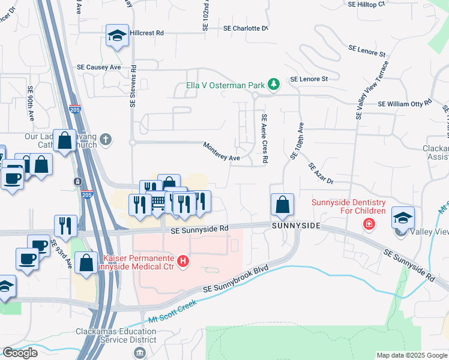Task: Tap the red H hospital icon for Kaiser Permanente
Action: coord(184,262)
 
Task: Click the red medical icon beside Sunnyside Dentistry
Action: coord(368,224)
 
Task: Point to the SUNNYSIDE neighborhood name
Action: coord(295,227)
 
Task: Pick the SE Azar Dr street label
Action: coord(321,173)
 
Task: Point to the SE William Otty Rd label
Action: coord(405,103)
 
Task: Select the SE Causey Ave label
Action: coord(98,68)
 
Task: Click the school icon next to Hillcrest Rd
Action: coord(117,35)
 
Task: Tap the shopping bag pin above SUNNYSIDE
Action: coord(282,205)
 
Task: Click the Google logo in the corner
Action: coord(20,353)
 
